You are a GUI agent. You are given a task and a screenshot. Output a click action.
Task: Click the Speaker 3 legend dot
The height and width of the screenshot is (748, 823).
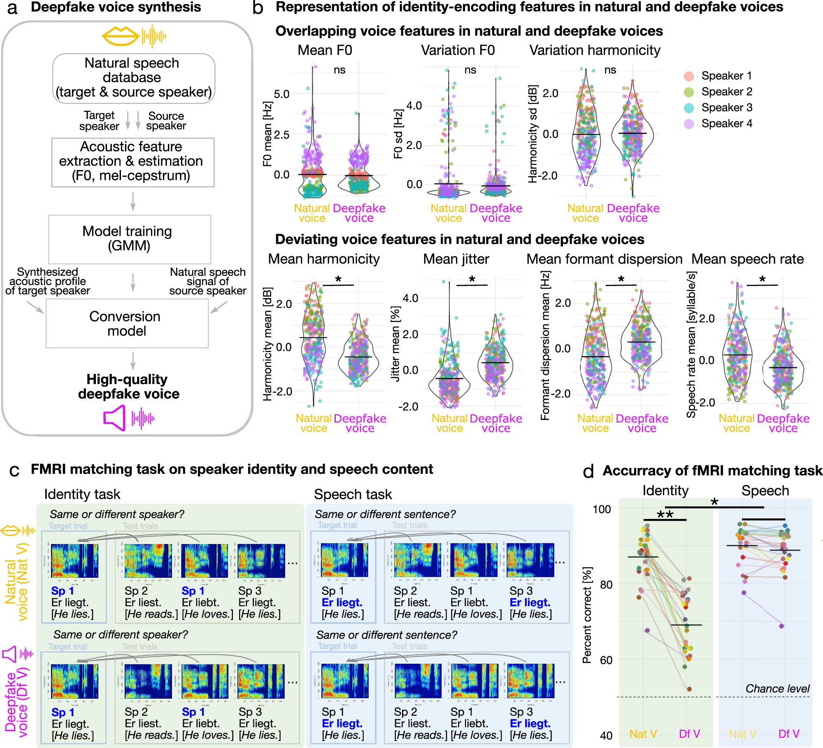[x=689, y=108]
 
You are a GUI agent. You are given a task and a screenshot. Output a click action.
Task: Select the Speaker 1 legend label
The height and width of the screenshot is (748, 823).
[x=726, y=76]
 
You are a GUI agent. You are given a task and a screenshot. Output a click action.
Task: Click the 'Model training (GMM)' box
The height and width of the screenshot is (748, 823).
[x=129, y=239]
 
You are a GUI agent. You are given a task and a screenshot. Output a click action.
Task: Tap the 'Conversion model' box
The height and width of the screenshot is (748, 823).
[x=127, y=324]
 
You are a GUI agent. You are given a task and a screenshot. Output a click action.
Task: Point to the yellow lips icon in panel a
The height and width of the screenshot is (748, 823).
[x=120, y=36]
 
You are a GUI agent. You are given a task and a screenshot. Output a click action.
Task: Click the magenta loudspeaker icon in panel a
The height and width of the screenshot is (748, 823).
[x=114, y=418]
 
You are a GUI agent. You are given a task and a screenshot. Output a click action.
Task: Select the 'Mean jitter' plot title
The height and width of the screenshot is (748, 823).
[x=456, y=259]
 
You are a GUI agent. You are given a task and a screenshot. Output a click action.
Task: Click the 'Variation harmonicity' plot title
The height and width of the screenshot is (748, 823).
[x=595, y=50]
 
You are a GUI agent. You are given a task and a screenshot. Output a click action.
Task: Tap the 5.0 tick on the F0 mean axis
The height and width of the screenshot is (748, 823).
[x=281, y=94]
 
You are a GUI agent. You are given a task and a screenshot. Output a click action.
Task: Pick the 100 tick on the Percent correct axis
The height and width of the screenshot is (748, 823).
[x=602, y=509]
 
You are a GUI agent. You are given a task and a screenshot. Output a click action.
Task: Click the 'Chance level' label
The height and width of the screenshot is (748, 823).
[x=777, y=689]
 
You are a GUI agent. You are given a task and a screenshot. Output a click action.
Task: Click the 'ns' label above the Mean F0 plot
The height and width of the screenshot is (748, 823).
[x=339, y=70]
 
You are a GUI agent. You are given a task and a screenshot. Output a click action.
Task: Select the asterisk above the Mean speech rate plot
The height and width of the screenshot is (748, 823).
[x=762, y=280]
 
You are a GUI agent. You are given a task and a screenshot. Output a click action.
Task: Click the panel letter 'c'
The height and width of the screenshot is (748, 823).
[x=14, y=470]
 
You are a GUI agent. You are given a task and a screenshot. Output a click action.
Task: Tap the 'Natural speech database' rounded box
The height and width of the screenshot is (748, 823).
[x=133, y=78]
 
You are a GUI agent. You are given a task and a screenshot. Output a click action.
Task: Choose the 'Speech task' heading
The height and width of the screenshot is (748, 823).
[x=353, y=494]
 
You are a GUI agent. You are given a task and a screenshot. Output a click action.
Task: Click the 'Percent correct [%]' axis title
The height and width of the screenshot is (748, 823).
[x=587, y=615]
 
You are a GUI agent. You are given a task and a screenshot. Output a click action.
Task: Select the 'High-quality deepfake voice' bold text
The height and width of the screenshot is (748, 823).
[x=128, y=387]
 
